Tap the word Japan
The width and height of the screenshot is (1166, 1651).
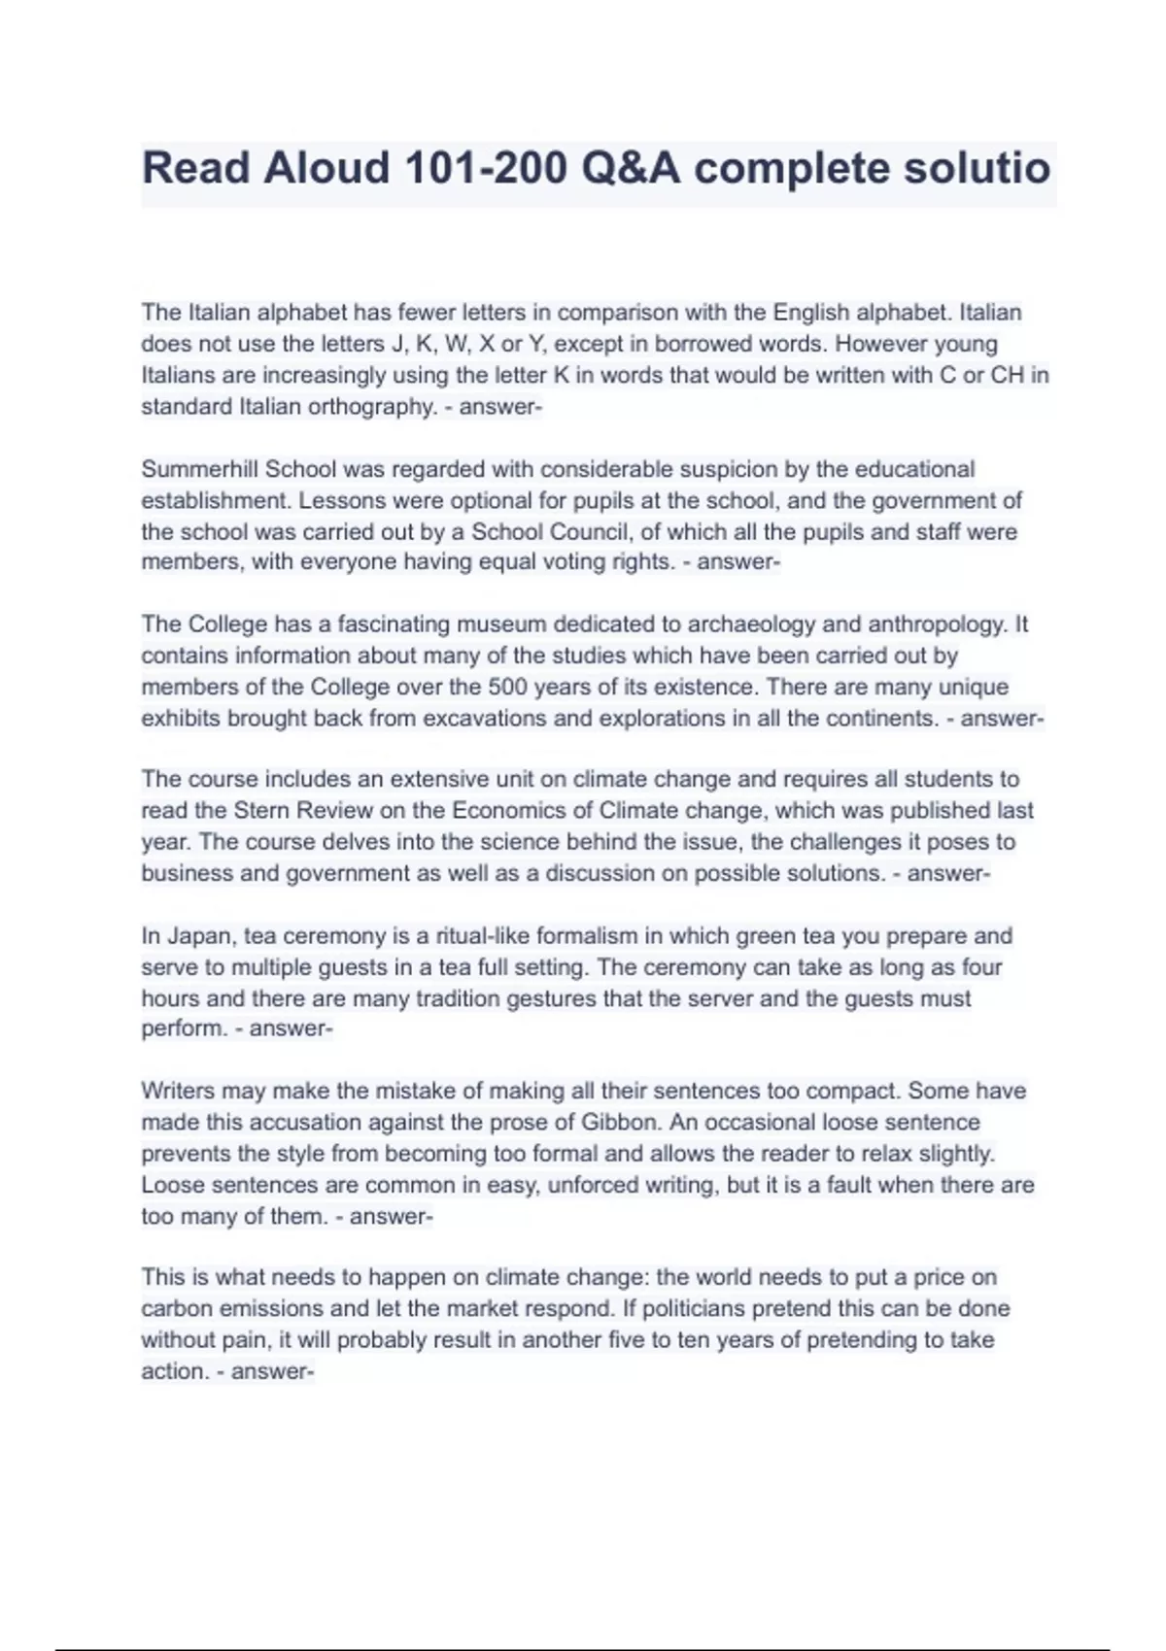pyautogui.click(x=199, y=936)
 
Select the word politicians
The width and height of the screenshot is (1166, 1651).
pyautogui.click(x=695, y=1308)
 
